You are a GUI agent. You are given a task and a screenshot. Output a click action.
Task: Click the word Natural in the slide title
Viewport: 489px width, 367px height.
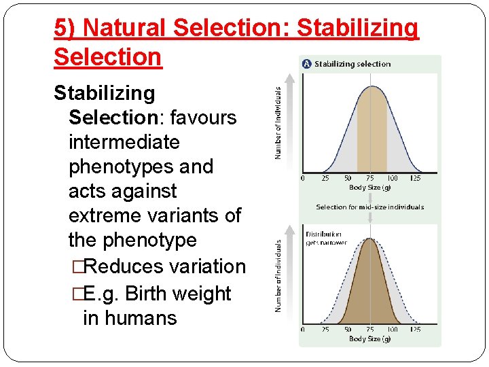click(125, 28)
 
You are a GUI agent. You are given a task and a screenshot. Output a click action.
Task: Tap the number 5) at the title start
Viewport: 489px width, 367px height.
click(65, 28)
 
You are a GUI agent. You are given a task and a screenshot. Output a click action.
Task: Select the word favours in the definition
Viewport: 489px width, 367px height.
click(203, 118)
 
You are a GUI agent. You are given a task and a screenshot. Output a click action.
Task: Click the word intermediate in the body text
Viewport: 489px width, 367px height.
click(124, 142)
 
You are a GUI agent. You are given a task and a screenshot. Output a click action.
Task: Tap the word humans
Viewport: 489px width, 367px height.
click(143, 317)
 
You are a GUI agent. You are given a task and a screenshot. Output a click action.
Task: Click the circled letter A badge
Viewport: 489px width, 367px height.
click(306, 64)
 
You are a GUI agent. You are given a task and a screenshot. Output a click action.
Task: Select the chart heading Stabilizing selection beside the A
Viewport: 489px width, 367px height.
click(352, 64)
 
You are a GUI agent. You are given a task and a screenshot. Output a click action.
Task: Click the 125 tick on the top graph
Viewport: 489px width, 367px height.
click(415, 178)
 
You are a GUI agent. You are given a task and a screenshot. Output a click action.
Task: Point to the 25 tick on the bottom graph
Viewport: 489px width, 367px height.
click(325, 330)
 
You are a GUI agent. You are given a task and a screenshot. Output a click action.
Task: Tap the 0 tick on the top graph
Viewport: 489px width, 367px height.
click(303, 178)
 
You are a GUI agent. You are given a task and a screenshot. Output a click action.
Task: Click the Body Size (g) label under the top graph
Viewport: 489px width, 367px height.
click(369, 187)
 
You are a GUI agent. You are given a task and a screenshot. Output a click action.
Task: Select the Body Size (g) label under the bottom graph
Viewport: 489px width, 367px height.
click(369, 338)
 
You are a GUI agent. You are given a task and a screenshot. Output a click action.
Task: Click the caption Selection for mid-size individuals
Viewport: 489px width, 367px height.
click(369, 207)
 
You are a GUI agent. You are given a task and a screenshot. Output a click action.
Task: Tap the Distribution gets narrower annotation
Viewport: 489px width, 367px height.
click(326, 239)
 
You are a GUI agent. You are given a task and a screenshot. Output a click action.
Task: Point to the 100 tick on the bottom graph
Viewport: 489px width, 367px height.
click(393, 330)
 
